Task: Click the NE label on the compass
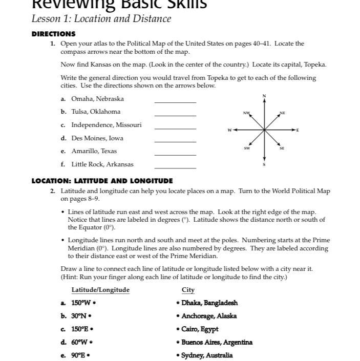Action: coord(282,113)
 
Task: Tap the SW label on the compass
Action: coord(247,148)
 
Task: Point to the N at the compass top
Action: coord(264,96)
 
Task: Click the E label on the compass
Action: coord(298,130)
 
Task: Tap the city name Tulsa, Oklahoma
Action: coord(96,112)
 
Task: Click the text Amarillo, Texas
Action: coord(94,151)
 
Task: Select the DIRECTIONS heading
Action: coord(54,34)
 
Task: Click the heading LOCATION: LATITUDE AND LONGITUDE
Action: coord(102,181)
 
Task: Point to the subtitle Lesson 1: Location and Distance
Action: coord(101,19)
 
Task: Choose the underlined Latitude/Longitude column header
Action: coord(100,290)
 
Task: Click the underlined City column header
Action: coord(188,290)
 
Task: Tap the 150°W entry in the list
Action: coord(82,303)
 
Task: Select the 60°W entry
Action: coord(80,342)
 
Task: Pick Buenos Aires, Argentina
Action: coord(217,342)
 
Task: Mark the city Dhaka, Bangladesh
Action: coord(209,303)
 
